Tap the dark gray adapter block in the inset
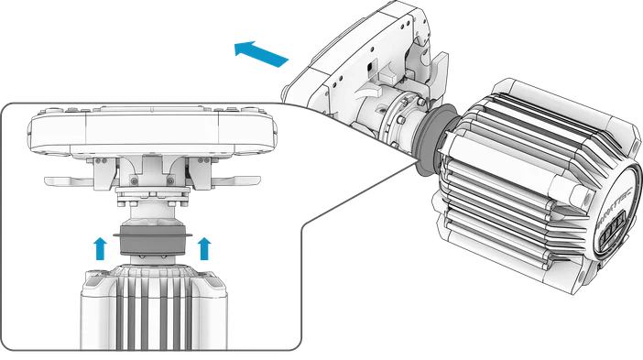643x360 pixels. [151, 243]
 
